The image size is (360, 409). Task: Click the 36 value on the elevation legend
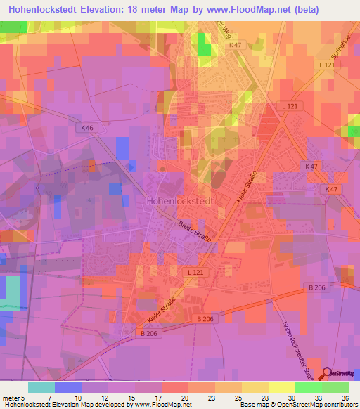tap(346, 397)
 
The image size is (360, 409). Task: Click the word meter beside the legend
tap(11, 397)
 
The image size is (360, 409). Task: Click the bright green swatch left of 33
tap(309, 387)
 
